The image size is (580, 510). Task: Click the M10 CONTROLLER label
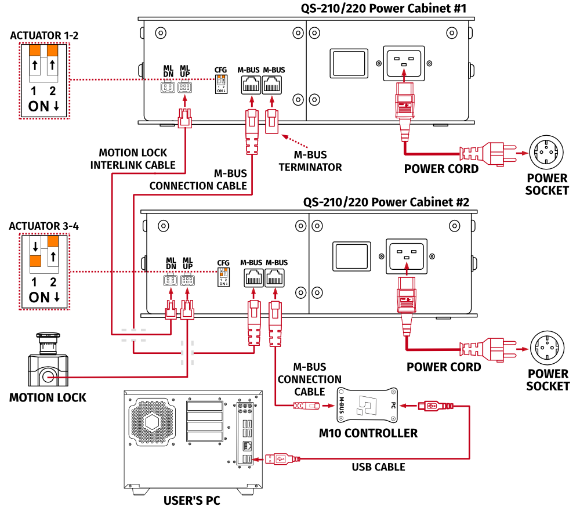point(368,433)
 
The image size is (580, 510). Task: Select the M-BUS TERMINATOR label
point(310,161)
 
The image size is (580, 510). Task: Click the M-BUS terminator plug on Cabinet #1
point(271,121)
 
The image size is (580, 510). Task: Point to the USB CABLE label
point(378,466)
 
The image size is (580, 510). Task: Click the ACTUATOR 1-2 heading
point(44,36)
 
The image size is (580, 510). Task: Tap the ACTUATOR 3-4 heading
point(43,226)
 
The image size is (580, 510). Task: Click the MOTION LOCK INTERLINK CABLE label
point(133,159)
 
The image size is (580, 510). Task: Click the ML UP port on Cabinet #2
point(187,280)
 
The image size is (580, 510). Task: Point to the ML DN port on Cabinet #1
point(168,88)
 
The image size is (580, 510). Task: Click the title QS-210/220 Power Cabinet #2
point(386,202)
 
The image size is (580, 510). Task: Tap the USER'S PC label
point(191,501)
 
